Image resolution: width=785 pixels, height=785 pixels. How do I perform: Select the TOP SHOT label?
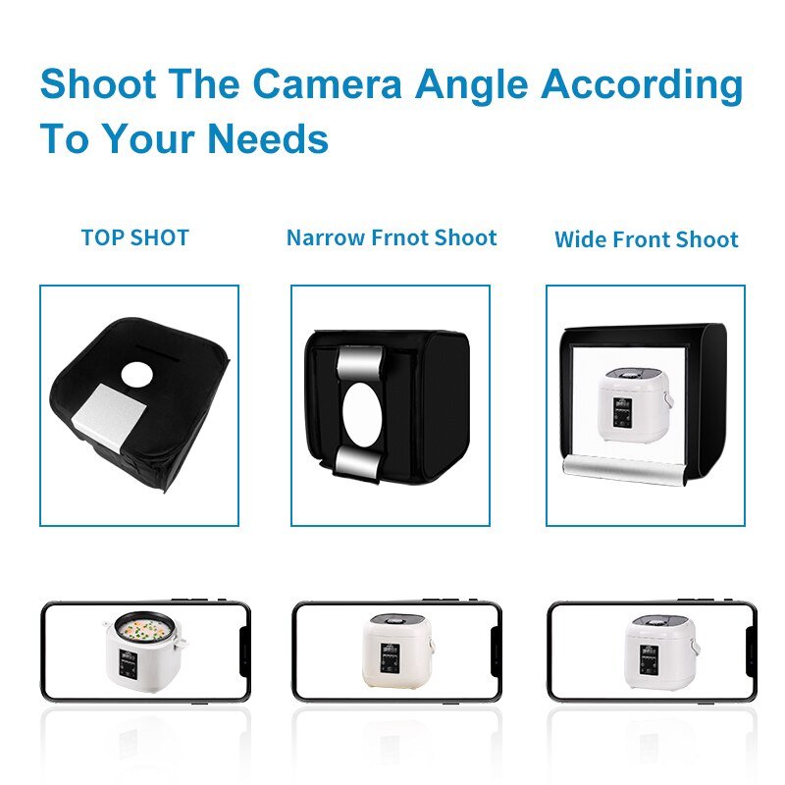pyautogui.click(x=135, y=237)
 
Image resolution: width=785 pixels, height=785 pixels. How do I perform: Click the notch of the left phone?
pyautogui.click(x=241, y=651)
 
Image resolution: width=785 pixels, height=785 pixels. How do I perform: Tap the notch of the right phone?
pyautogui.click(x=749, y=651)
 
